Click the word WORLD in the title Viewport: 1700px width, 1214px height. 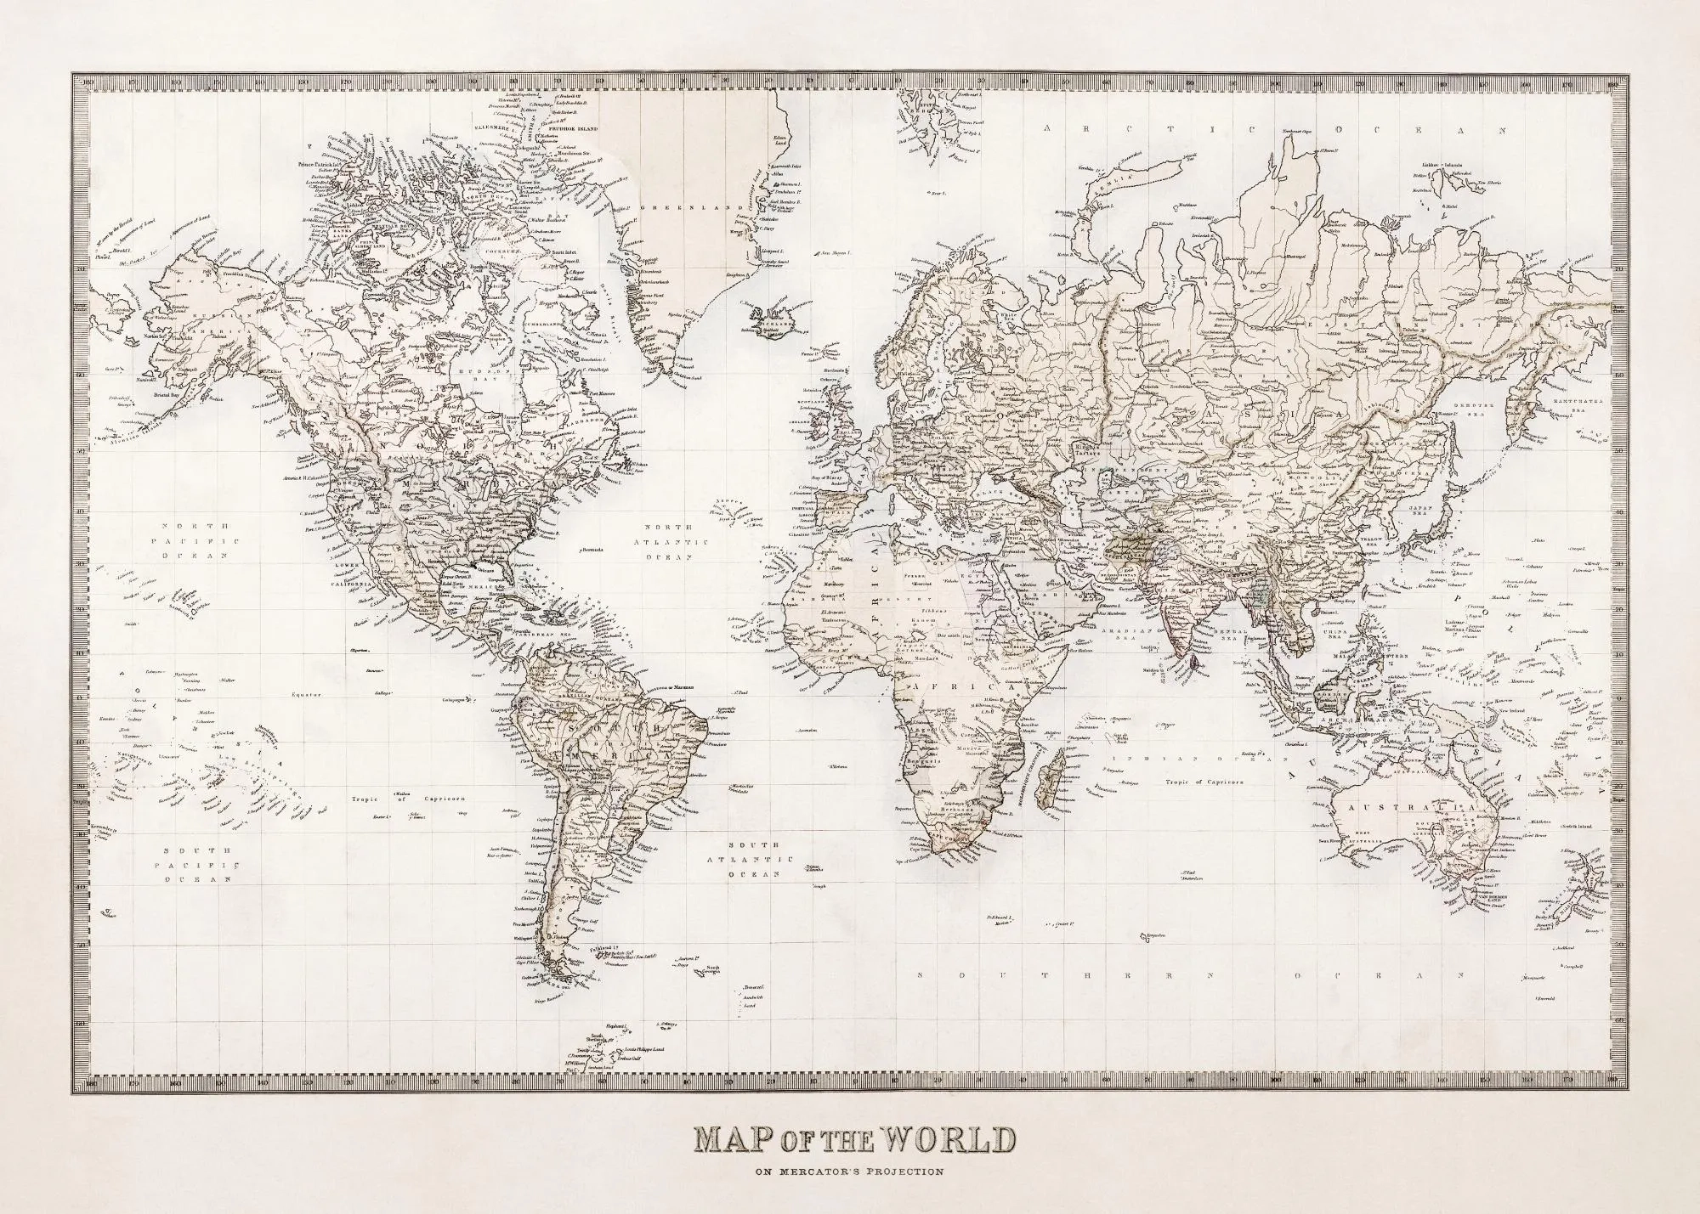[x=946, y=1140]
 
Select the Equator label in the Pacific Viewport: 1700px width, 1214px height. [x=305, y=694]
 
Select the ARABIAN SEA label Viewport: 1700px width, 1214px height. [x=1121, y=632]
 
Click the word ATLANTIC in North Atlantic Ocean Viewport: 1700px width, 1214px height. [x=675, y=542]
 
